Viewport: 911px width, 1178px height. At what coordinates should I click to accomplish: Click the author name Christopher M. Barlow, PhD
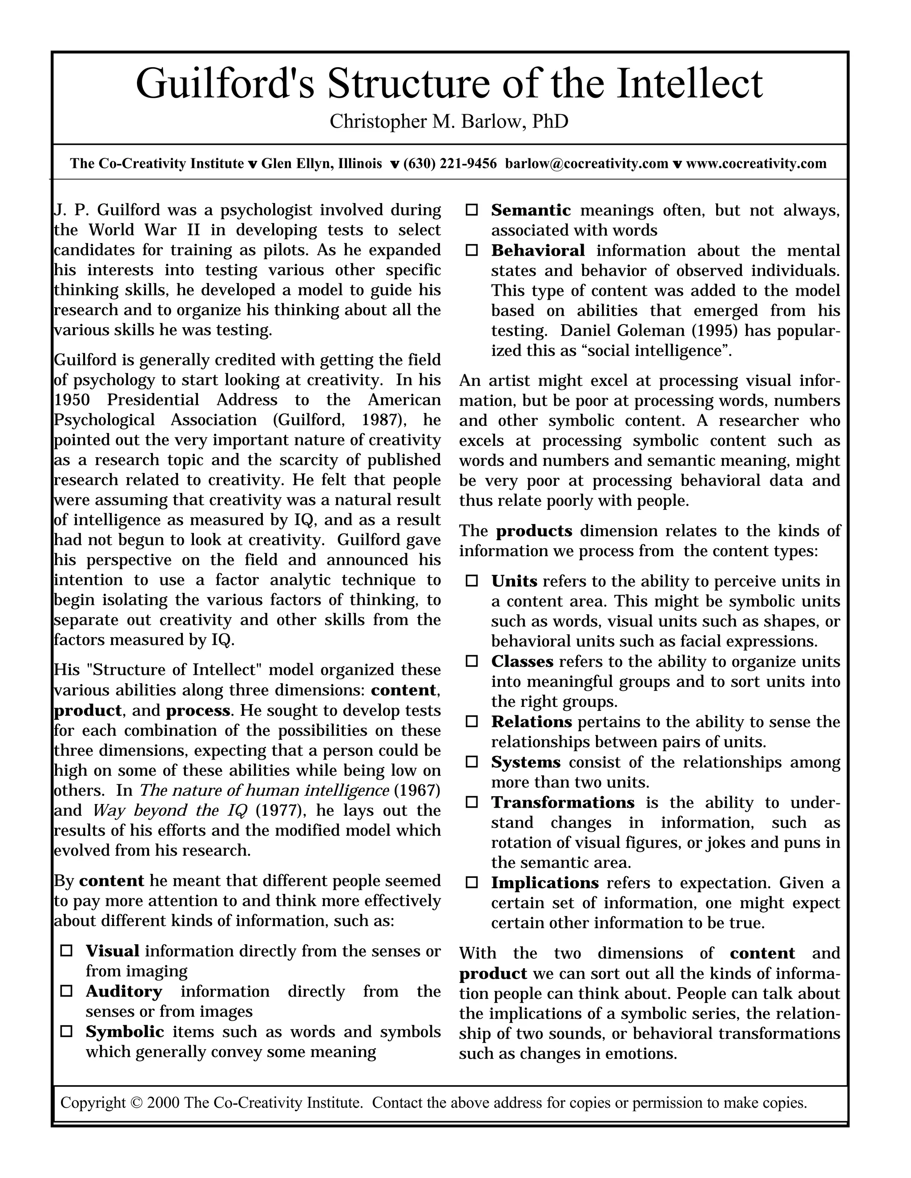point(449,121)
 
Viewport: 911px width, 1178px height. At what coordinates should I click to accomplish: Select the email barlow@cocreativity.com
point(586,164)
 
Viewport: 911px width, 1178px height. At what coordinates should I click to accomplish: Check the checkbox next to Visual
point(66,951)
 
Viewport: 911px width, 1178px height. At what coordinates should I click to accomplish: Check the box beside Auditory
point(66,991)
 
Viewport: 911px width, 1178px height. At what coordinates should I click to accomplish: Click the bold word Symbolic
point(125,1031)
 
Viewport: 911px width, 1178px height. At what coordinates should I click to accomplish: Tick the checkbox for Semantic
point(472,210)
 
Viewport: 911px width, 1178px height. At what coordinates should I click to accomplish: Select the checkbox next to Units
point(472,581)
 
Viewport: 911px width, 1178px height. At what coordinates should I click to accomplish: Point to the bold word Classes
point(522,661)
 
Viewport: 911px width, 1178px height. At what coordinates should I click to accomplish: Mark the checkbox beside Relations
point(472,721)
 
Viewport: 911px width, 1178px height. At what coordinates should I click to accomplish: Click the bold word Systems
point(526,762)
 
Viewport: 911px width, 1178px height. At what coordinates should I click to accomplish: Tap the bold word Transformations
point(562,802)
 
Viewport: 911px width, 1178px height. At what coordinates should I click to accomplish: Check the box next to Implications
point(472,883)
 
